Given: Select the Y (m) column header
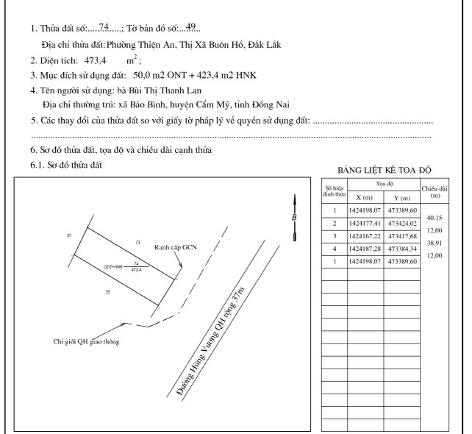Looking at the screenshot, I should click(402, 198).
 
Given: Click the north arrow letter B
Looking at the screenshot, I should click(294, 218).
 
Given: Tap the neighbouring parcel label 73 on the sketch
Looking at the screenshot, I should click(137, 241).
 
